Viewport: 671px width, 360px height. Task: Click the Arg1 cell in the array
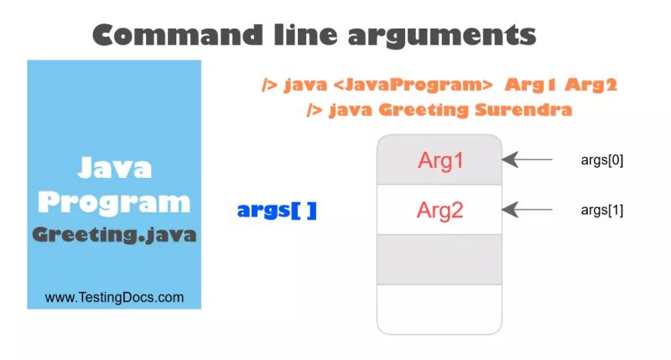pyautogui.click(x=440, y=160)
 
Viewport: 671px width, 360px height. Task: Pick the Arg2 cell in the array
pyautogui.click(x=440, y=210)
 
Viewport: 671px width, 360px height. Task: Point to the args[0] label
pyautogui.click(x=601, y=159)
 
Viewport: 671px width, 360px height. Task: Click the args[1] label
pyautogui.click(x=601, y=210)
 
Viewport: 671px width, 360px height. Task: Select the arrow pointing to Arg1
pyautogui.click(x=528, y=159)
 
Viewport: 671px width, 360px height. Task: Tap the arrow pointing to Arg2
pyautogui.click(x=528, y=209)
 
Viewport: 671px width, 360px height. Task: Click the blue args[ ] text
pyautogui.click(x=277, y=211)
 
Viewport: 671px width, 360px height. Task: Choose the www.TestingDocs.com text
pyautogui.click(x=114, y=297)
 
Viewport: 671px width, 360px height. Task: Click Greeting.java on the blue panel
pyautogui.click(x=114, y=235)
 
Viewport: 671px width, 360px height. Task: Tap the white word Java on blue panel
pyautogui.click(x=115, y=168)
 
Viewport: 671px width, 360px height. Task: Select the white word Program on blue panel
pyautogui.click(x=114, y=202)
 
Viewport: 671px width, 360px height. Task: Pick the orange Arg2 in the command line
pyautogui.click(x=590, y=86)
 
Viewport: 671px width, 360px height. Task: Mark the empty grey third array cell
pyautogui.click(x=440, y=258)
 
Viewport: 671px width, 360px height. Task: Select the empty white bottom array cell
pyautogui.click(x=440, y=307)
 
